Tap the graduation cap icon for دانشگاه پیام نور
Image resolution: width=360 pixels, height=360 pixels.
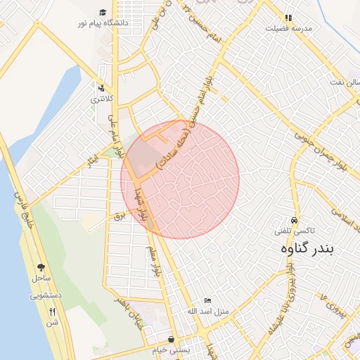(x=103, y=13)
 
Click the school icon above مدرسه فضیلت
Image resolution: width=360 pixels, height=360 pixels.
(x=288, y=18)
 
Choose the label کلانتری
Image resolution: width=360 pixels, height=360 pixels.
(x=103, y=99)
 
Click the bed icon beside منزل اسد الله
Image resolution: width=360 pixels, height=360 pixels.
(x=207, y=300)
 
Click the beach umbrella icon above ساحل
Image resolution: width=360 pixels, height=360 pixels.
(x=40, y=267)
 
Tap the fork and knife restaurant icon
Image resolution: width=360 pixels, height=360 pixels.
(x=52, y=311)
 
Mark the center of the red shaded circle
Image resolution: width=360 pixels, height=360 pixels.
(x=180, y=179)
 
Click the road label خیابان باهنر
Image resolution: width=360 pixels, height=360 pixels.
(x=131, y=308)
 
